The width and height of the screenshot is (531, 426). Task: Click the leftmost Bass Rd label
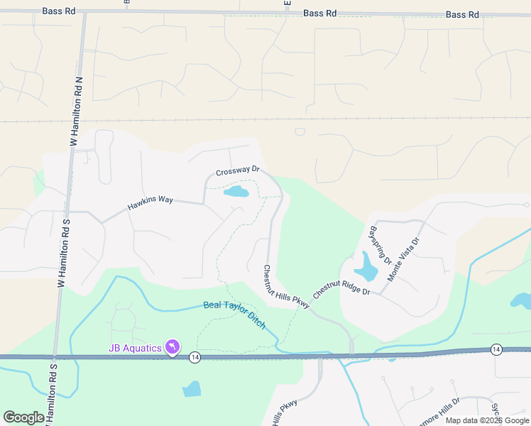(58, 11)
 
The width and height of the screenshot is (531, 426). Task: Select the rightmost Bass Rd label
(462, 14)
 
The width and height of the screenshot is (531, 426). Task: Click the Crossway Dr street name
(238, 173)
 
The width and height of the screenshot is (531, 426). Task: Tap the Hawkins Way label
(150, 204)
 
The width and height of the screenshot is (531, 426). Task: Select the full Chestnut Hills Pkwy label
(287, 287)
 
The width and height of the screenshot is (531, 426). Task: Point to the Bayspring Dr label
(381, 245)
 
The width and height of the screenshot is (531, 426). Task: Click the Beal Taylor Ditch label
(234, 315)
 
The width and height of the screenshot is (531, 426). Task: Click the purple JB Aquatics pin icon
(173, 346)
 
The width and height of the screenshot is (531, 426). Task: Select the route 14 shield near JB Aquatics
(195, 359)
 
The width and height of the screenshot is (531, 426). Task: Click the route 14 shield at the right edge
(496, 349)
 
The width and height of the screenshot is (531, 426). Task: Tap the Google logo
(23, 417)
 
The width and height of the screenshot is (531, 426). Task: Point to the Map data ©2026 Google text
(487, 420)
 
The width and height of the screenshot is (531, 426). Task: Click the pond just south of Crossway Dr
(236, 192)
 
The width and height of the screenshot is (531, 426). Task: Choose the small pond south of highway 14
(191, 388)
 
